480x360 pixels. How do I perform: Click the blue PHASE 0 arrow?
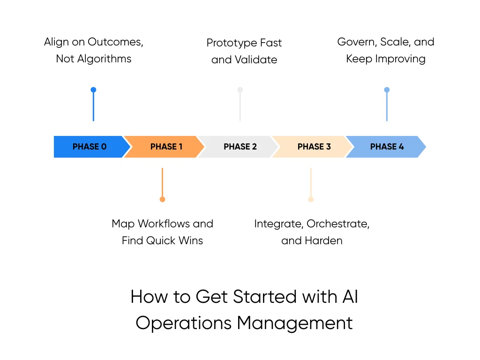(x=90, y=147)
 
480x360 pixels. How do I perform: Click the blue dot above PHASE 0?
(x=93, y=90)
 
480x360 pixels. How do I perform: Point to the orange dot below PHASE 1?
(x=162, y=199)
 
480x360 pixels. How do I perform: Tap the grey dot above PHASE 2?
(x=240, y=90)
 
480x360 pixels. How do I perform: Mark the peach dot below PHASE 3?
(x=311, y=199)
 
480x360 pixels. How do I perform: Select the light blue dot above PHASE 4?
(x=387, y=90)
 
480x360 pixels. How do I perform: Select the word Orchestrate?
(x=337, y=224)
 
